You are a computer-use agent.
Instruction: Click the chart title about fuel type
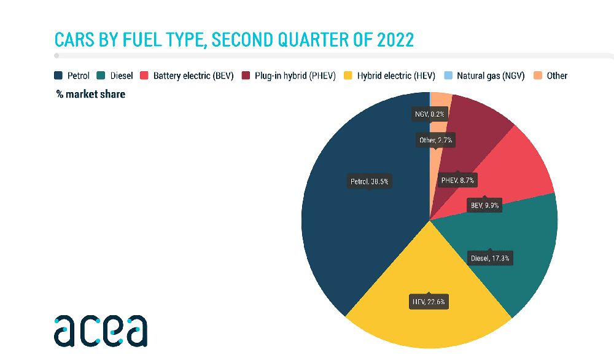(234, 40)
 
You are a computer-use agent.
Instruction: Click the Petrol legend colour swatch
(58, 76)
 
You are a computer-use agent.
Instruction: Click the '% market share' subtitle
(90, 94)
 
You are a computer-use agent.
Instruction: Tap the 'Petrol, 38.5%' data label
(369, 181)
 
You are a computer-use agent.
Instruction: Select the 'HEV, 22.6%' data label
(429, 302)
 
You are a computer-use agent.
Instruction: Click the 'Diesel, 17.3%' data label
(490, 258)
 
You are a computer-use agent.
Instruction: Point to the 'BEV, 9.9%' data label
(484, 206)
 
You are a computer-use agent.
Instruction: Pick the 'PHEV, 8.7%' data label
(459, 181)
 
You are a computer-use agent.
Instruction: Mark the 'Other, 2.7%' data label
(435, 141)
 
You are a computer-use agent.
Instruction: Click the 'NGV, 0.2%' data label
(429, 114)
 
